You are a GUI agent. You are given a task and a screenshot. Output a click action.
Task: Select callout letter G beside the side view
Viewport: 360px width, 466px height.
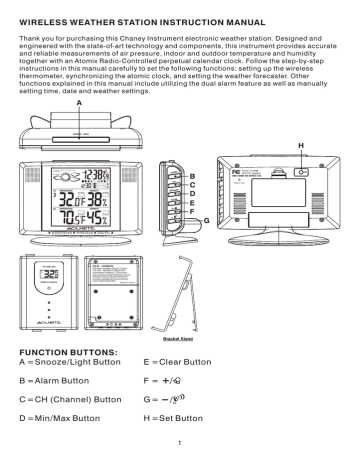click(206, 218)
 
